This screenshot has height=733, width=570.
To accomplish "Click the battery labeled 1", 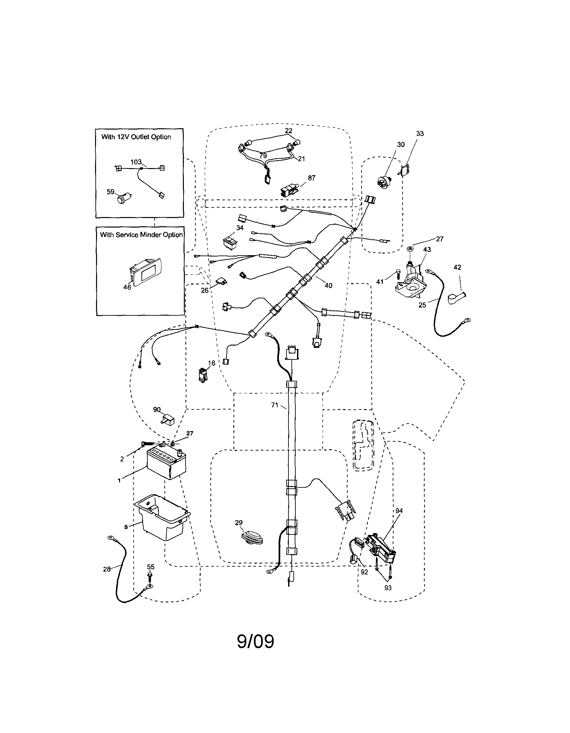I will tap(166, 464).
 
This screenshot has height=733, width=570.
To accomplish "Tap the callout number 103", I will tap(136, 162).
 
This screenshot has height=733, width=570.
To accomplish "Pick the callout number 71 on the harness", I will tap(275, 405).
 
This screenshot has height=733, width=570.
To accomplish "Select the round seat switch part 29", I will tap(252, 537).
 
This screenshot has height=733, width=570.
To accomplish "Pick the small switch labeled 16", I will tap(202, 376).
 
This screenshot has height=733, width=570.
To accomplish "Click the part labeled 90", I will tap(168, 420).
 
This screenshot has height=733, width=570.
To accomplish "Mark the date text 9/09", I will tap(256, 642).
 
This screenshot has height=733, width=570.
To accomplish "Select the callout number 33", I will tap(420, 134).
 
